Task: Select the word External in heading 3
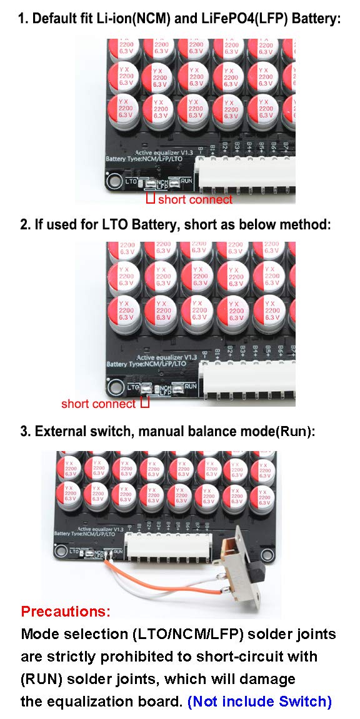click(x=59, y=431)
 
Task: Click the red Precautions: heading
click(x=66, y=610)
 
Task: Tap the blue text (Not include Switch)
click(x=259, y=701)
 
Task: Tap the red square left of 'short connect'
click(x=150, y=199)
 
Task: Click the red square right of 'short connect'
click(x=144, y=404)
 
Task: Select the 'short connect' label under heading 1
click(x=195, y=200)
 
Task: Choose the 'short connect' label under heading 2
click(x=98, y=404)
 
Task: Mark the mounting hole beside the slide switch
click(x=267, y=553)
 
